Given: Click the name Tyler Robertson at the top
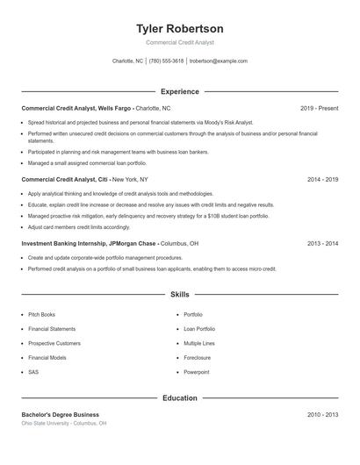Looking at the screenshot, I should (x=180, y=29).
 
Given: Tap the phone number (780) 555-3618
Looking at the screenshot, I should (x=166, y=61).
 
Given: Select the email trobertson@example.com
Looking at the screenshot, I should (x=219, y=61).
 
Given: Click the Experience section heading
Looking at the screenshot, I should (x=180, y=91).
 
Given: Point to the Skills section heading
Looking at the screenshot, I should (x=180, y=295).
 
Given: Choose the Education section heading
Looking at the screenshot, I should (x=180, y=398).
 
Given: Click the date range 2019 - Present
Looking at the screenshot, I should (x=319, y=108).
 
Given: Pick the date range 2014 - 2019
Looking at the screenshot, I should (x=322, y=179).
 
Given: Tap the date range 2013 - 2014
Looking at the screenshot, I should (x=322, y=243).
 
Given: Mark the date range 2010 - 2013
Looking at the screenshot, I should (x=322, y=414).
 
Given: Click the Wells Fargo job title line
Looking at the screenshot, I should (x=88, y=108).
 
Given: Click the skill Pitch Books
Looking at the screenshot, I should (x=41, y=314).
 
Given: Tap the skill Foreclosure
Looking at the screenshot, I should (x=197, y=358).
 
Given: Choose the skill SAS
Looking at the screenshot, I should (x=33, y=372).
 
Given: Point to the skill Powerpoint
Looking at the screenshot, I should (x=197, y=372).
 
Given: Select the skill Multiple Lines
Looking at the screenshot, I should (x=199, y=343).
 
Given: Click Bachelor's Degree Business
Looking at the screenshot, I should (x=60, y=414).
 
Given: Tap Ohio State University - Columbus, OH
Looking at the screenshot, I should (x=64, y=423).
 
